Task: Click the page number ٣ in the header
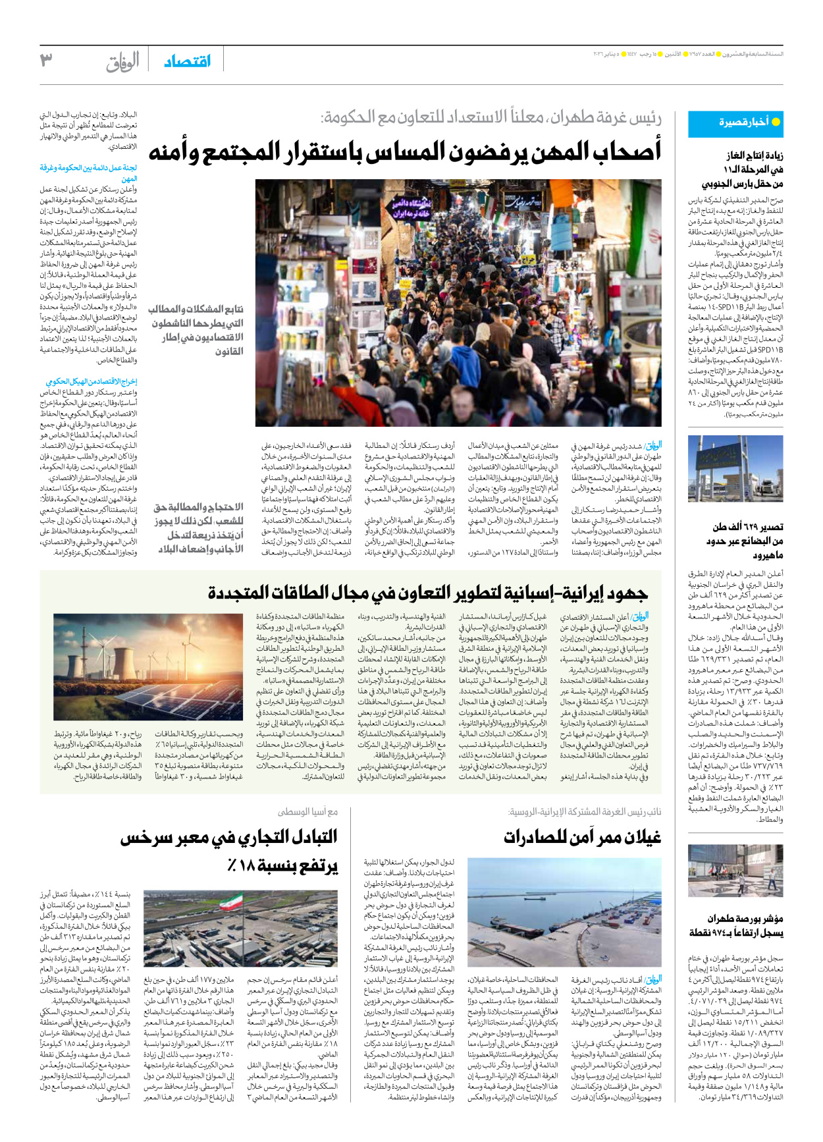click(46, 61)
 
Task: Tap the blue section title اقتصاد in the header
click(187, 61)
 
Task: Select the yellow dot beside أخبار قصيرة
click(776, 122)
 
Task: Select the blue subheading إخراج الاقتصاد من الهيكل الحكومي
click(91, 381)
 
